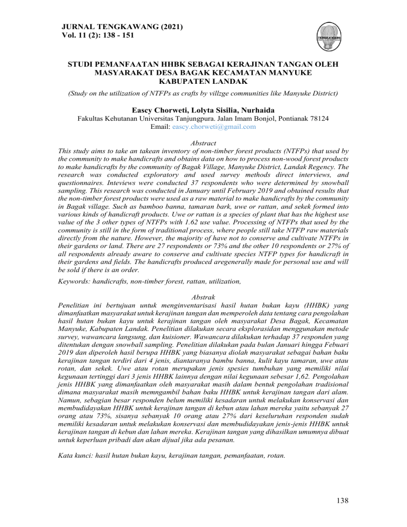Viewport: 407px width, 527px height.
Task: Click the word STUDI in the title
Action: point(82,65)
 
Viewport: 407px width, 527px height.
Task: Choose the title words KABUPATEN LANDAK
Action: point(203,83)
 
